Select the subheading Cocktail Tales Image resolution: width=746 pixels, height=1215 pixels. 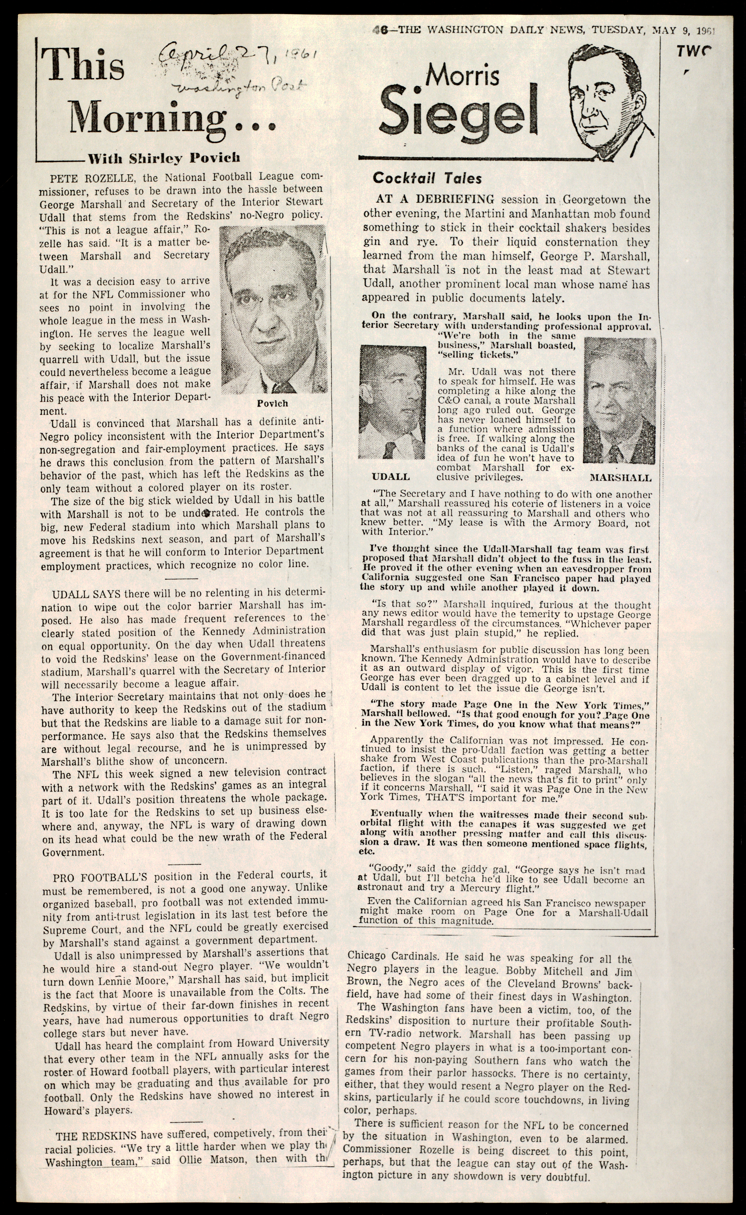coord(427,179)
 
